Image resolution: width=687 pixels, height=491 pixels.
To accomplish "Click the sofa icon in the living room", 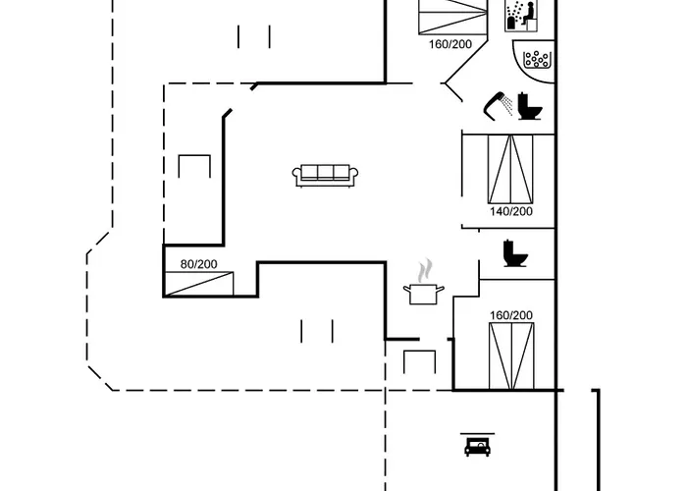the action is pyautogui.click(x=325, y=176).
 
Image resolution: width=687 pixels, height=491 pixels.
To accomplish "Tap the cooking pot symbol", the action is pyautogui.click(x=424, y=294).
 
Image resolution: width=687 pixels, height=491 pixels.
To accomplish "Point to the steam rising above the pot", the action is pyautogui.click(x=425, y=270).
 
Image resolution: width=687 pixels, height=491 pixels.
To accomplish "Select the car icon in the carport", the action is pyautogui.click(x=478, y=447).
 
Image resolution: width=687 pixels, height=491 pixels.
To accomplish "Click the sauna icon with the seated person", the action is pyautogui.click(x=521, y=16).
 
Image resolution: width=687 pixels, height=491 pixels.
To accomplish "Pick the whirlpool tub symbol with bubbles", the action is pyautogui.click(x=535, y=61).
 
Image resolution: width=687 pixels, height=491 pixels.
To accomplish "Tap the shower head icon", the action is pyautogui.click(x=499, y=105).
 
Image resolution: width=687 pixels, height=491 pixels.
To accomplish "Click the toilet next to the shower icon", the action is pyautogui.click(x=529, y=106).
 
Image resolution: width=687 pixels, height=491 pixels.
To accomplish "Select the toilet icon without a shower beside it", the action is pyautogui.click(x=515, y=253).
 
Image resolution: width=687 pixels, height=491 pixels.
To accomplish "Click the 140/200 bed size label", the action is pyautogui.click(x=511, y=211).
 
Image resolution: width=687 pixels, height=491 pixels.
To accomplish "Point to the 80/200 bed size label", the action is pyautogui.click(x=198, y=264).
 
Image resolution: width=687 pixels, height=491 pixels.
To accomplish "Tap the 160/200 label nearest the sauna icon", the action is pyautogui.click(x=450, y=44).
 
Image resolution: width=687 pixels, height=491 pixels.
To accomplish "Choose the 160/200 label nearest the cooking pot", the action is pyautogui.click(x=511, y=315).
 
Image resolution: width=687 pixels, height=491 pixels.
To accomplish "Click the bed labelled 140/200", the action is pyautogui.click(x=510, y=169).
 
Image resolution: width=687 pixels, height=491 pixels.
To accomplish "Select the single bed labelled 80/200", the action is pyautogui.click(x=199, y=284).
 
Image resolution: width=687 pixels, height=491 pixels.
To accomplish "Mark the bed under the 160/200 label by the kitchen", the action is pyautogui.click(x=511, y=355).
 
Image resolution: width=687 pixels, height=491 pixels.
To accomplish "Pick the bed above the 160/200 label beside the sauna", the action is pyautogui.click(x=453, y=17).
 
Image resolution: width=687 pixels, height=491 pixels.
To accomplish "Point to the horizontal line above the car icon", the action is pyautogui.click(x=478, y=434).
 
